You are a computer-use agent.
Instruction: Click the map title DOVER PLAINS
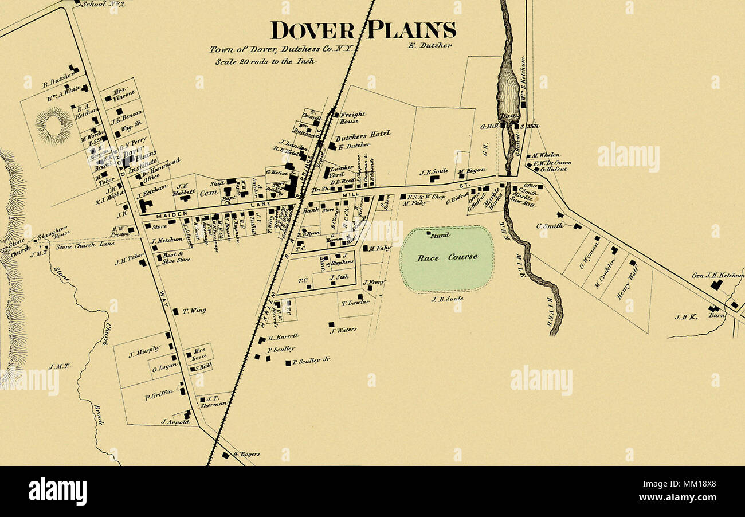[x=363, y=30]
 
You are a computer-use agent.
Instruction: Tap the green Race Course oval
[x=446, y=259]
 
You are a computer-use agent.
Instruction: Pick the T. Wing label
[x=194, y=311]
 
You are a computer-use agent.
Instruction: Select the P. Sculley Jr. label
[x=311, y=362]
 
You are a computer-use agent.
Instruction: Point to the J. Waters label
[x=343, y=330]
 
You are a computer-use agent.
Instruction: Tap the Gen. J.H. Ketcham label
[x=716, y=276]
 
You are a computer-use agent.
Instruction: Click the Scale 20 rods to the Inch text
[x=265, y=61]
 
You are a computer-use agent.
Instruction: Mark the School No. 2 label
[x=103, y=3]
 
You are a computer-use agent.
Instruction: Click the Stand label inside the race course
[x=440, y=235]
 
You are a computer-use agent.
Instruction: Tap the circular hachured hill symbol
[x=54, y=126]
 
